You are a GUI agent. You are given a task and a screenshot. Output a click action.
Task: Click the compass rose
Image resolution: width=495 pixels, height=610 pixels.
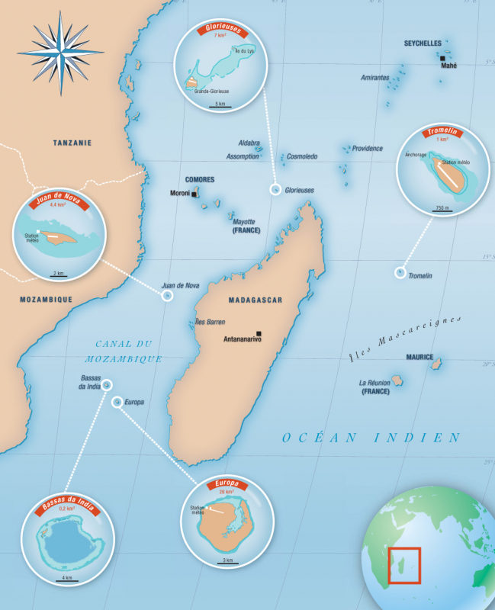tap(60, 51)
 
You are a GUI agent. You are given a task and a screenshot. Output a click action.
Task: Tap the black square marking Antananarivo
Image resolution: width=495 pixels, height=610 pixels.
tap(259, 333)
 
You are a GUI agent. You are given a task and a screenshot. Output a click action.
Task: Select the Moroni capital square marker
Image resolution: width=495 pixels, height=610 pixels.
tap(194, 194)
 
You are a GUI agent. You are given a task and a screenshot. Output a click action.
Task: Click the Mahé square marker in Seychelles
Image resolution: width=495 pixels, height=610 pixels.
tap(442, 57)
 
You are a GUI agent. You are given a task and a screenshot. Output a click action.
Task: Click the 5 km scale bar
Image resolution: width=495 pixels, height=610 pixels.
tap(220, 108)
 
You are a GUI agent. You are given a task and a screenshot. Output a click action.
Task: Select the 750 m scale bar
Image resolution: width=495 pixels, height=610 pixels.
tap(442, 210)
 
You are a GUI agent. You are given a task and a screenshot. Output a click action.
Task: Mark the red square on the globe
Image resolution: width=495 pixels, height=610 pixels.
tap(404, 565)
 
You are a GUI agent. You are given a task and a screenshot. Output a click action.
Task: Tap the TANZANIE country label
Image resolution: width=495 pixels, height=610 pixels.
tap(72, 143)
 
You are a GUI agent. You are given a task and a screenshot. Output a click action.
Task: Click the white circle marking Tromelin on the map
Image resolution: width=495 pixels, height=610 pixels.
tap(400, 272)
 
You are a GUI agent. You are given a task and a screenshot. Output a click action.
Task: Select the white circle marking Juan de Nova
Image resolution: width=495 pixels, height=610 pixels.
tap(167, 295)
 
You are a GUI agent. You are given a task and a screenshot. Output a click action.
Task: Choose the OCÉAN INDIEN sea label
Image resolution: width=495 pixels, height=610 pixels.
tap(371, 438)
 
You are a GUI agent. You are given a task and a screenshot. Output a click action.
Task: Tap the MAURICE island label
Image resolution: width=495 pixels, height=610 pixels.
tap(419, 357)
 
